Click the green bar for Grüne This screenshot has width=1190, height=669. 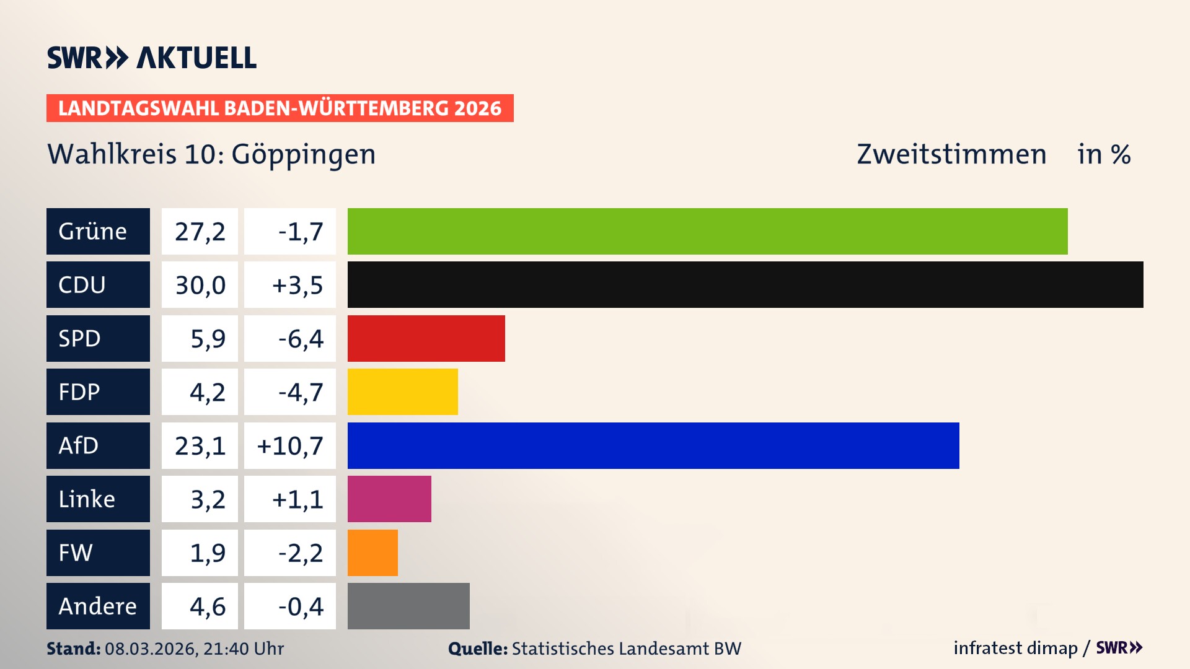click(707, 231)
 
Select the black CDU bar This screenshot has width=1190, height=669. click(745, 285)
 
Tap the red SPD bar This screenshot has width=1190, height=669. click(426, 338)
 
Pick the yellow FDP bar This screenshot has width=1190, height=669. click(402, 391)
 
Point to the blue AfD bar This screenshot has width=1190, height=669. click(653, 445)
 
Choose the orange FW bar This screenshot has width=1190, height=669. click(372, 553)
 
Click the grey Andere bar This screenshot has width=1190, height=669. click(408, 606)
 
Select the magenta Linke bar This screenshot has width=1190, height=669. click(389, 499)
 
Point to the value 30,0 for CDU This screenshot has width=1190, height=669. click(200, 285)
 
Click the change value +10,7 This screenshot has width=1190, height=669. click(290, 445)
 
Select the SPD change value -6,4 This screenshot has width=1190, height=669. click(300, 338)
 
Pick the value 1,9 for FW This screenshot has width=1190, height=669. click(207, 553)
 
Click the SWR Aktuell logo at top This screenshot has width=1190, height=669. click(152, 58)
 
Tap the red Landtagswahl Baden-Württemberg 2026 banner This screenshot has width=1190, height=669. click(280, 108)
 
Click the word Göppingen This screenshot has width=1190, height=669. click(303, 154)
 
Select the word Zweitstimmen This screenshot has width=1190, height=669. click(951, 154)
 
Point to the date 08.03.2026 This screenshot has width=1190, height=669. click(151, 649)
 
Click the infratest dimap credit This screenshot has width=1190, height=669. click(1015, 648)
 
